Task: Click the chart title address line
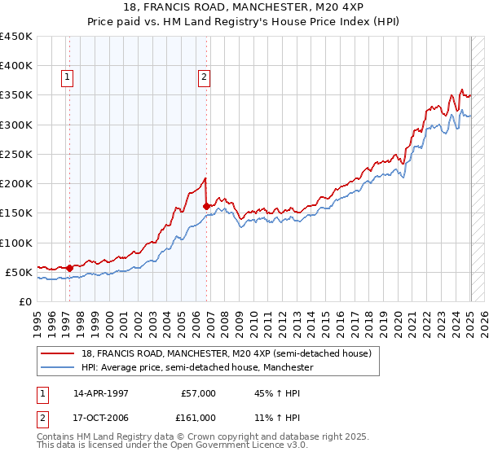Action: pyautogui.click(x=244, y=8)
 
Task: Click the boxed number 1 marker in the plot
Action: pyautogui.click(x=68, y=78)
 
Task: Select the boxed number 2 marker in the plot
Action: pyautogui.click(x=204, y=78)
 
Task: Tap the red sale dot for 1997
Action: pyautogui.click(x=70, y=267)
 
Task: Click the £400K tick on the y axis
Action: pyautogui.click(x=16, y=66)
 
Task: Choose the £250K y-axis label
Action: pyautogui.click(x=16, y=154)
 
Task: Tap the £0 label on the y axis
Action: pyautogui.click(x=25, y=301)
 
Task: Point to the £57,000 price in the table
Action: pyautogui.click(x=198, y=393)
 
